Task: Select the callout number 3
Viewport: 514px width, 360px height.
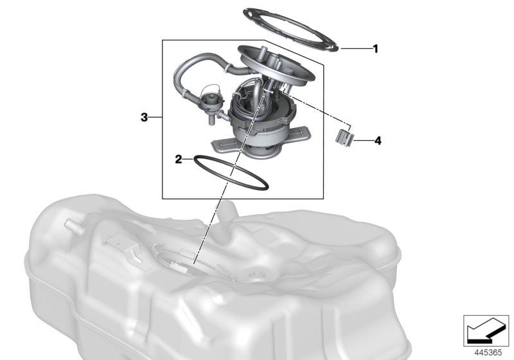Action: (145, 117)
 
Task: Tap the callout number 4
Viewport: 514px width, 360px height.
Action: (378, 139)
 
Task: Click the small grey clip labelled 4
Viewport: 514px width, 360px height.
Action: (346, 136)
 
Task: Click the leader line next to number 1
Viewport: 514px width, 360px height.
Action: (355, 48)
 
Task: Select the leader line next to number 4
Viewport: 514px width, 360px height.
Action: (364, 139)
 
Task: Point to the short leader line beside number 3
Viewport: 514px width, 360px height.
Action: (155, 117)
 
